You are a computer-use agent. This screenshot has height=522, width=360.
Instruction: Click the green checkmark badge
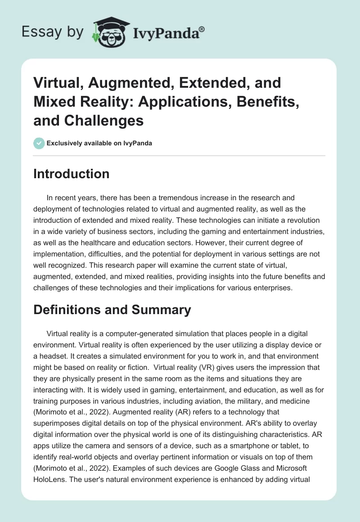(39, 144)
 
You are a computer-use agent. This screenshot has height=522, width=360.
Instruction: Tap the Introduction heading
(71, 174)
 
